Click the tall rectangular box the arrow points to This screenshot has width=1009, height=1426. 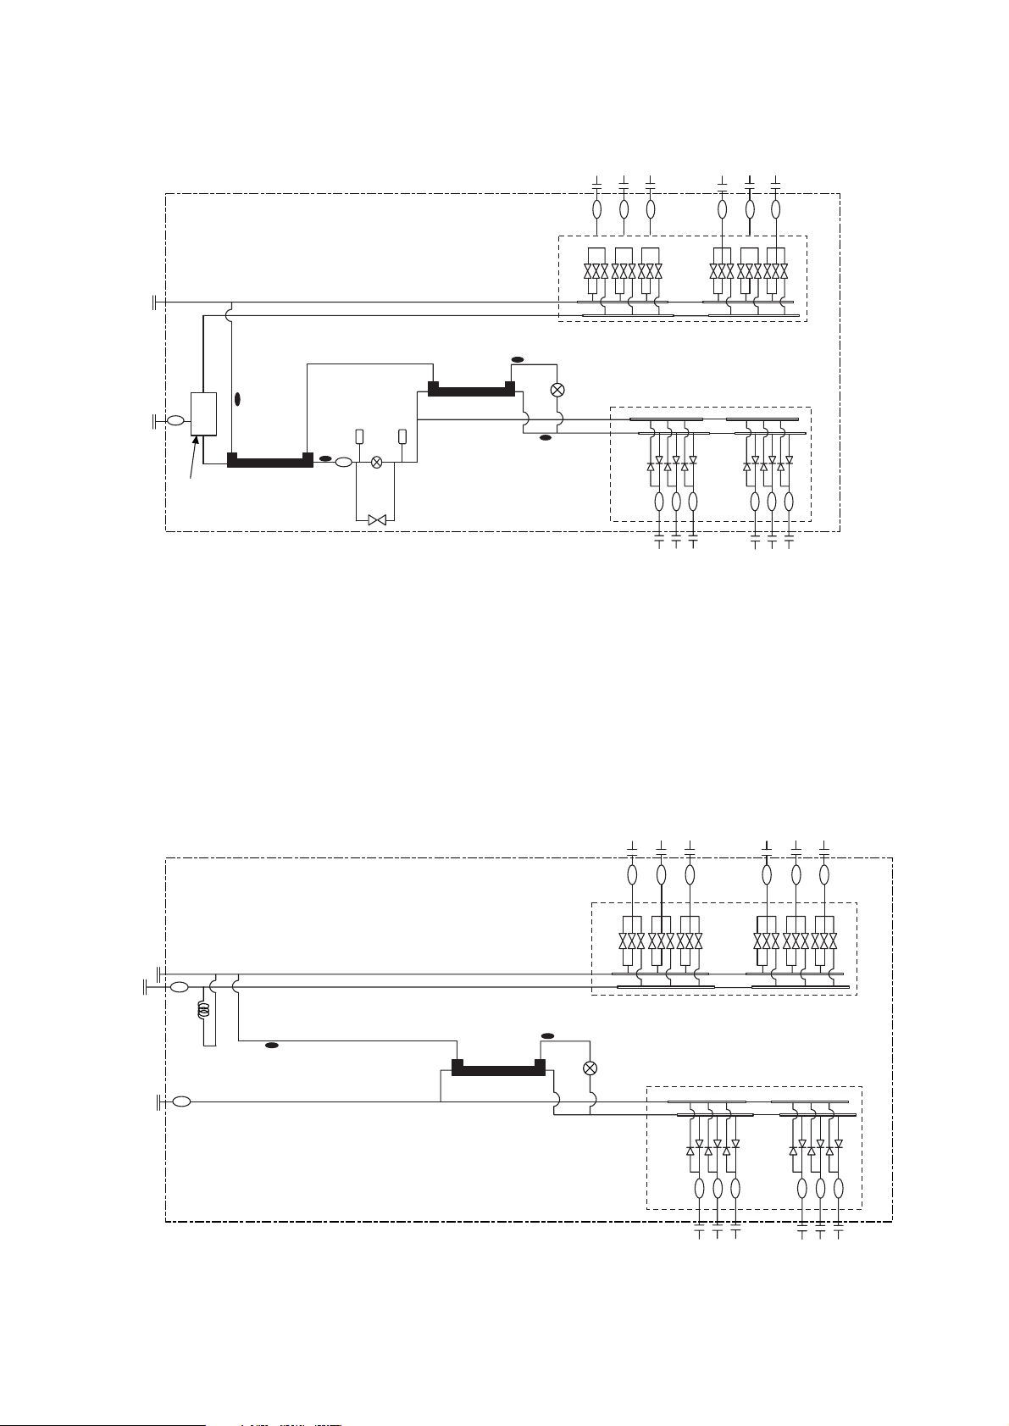pos(203,413)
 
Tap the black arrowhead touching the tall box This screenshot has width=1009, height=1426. pos(196,441)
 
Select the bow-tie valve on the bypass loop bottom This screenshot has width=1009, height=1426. pos(377,519)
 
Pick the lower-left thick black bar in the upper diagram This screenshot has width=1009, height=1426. pos(270,462)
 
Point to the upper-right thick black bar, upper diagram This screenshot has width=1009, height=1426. pos(471,390)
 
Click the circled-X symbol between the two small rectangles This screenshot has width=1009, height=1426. pos(377,462)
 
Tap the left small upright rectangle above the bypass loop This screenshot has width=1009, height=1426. pos(359,436)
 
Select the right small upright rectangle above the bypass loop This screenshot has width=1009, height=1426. pos(402,436)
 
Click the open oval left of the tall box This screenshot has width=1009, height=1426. pos(175,420)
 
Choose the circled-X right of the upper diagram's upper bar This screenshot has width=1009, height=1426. pos(557,390)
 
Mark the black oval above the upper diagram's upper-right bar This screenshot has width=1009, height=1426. pos(518,360)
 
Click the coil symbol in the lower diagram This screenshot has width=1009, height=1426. pos(202,1011)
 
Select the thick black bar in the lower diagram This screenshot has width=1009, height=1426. pos(497,1068)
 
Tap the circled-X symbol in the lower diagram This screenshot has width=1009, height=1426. pos(591,1068)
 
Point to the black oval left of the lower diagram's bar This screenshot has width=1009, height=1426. pos(272,1046)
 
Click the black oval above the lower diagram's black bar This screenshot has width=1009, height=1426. pos(548,1035)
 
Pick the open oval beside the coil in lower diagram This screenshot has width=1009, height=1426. pos(180,987)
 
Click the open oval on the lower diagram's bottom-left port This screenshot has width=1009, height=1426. pos(180,1101)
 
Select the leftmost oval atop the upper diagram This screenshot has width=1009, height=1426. pos(596,208)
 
